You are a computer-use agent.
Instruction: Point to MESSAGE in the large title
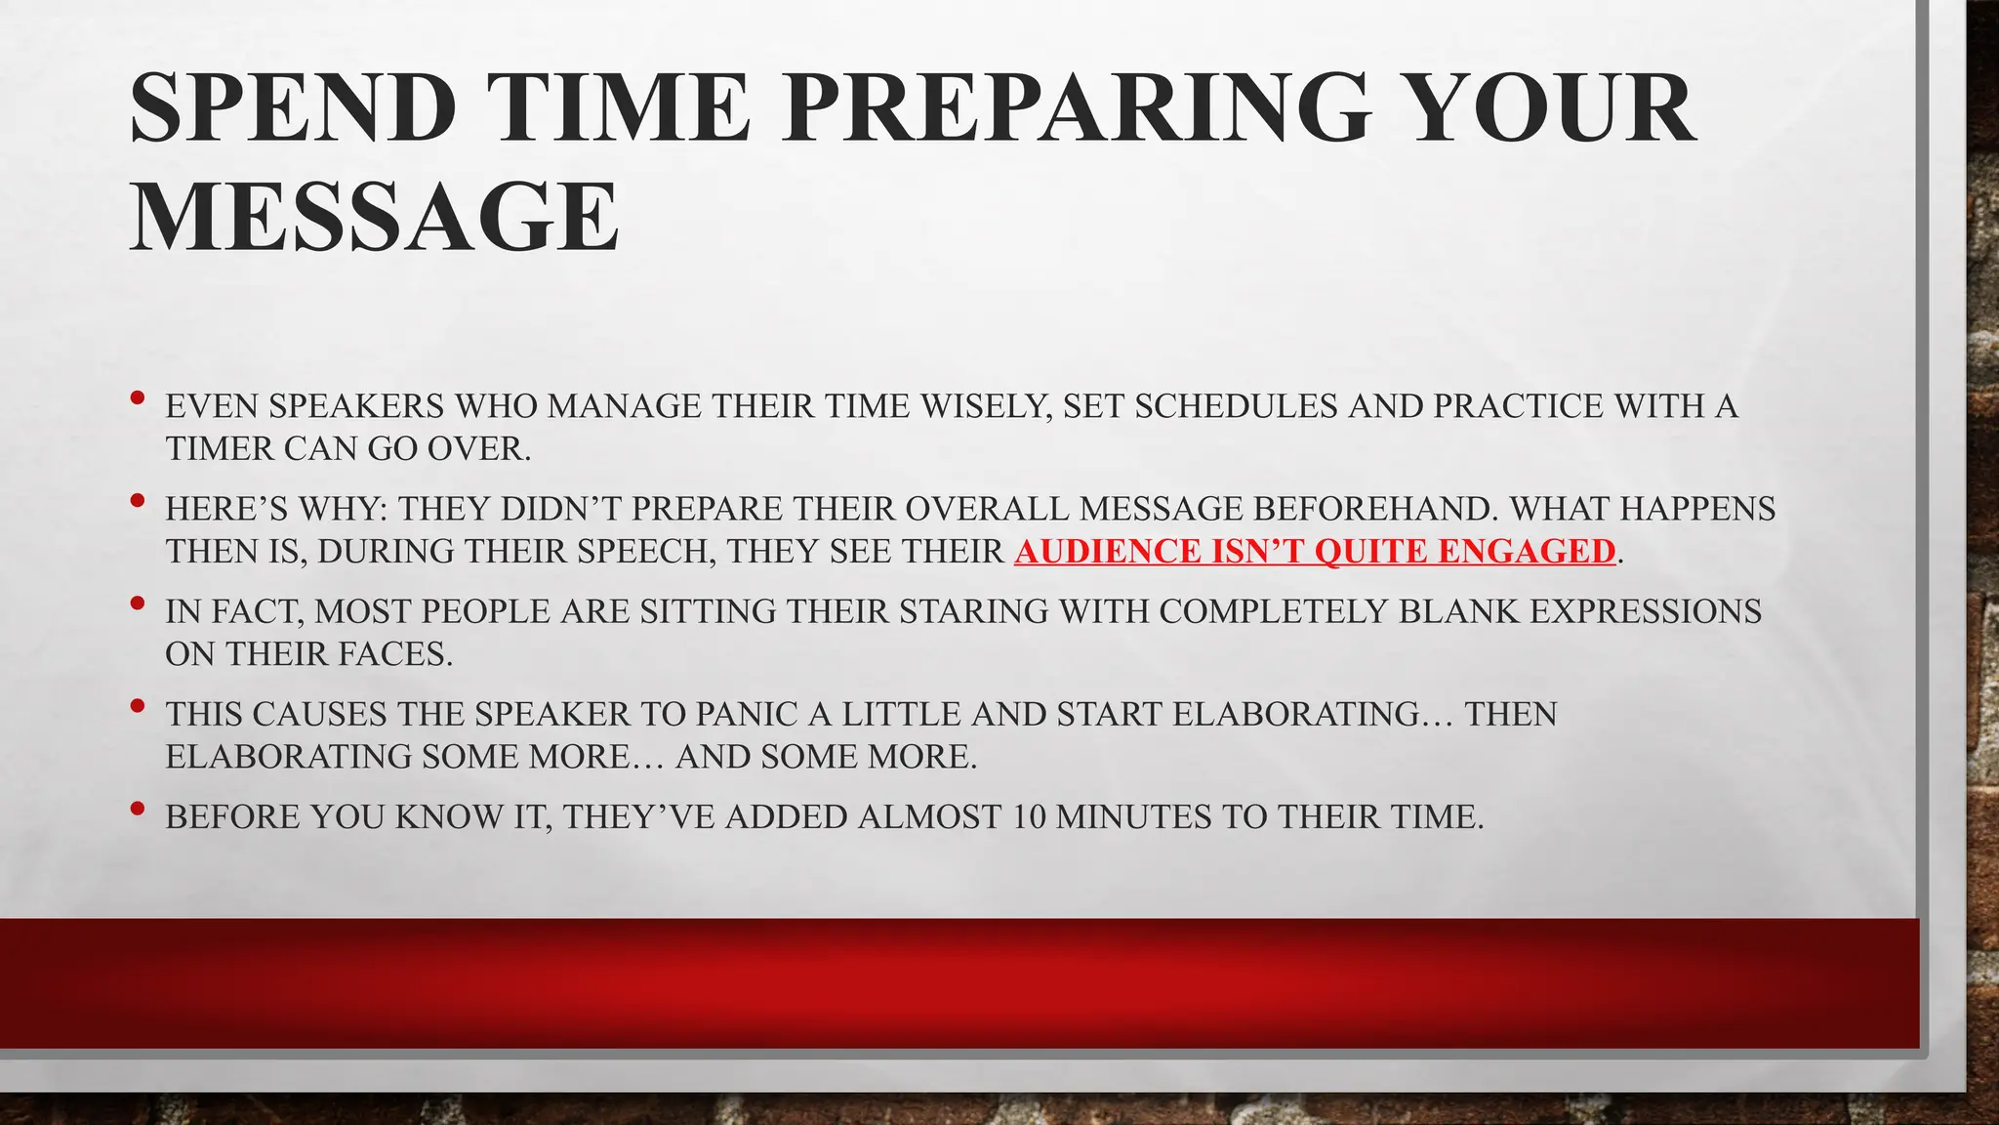click(375, 217)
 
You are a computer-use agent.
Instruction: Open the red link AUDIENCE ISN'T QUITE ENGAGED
click(1315, 552)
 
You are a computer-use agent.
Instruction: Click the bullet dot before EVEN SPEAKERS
click(138, 397)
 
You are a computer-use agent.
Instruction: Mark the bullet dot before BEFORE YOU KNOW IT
click(138, 809)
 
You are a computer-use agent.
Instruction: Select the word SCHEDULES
click(1236, 406)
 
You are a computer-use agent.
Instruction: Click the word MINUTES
click(1133, 817)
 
